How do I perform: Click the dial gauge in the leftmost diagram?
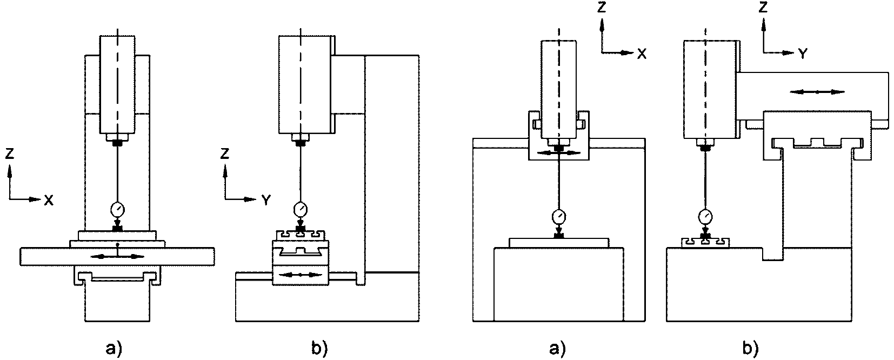tap(117, 209)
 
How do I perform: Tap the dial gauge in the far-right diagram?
tap(705, 217)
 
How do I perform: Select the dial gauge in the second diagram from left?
tap(300, 209)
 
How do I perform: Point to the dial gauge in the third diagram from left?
tap(559, 217)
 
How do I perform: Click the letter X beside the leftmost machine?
tap(48, 200)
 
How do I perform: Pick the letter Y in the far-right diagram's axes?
tap(803, 54)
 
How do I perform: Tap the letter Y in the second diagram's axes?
tap(266, 200)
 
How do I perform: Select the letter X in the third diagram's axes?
tap(642, 54)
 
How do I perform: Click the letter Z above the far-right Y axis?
tap(763, 7)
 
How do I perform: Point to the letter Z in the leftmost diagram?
tap(10, 154)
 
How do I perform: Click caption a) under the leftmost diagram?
tap(114, 349)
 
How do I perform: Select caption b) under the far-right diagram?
tap(750, 349)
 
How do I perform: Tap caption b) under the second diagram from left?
tap(319, 349)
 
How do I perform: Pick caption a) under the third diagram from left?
tap(558, 349)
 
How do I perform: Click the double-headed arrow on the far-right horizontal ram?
tap(817, 92)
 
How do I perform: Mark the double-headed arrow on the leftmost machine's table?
tap(117, 257)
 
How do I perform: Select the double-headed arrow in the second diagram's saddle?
tap(300, 275)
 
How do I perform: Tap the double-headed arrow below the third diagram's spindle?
tap(559, 153)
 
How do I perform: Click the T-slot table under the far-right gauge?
tap(705, 243)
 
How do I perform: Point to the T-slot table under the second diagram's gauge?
tap(300, 236)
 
